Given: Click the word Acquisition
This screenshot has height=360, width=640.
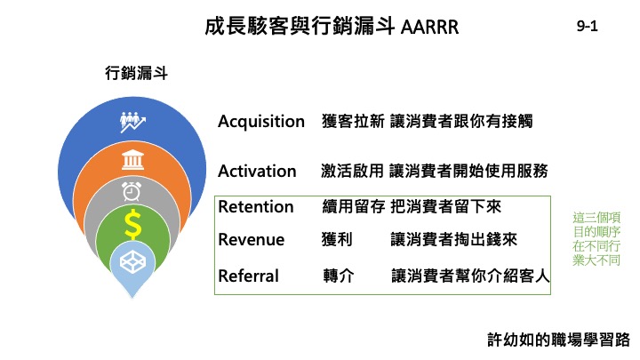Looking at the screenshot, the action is [261, 122].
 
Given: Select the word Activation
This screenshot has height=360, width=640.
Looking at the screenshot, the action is [257, 171].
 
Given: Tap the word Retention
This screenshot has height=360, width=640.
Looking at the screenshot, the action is [256, 206].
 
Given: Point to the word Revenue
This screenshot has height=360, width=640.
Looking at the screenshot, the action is [252, 240].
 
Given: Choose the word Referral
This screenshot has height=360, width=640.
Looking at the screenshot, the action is [249, 276].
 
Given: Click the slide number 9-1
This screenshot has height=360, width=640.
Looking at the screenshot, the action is [587, 26].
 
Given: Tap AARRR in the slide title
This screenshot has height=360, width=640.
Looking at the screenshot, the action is [430, 28].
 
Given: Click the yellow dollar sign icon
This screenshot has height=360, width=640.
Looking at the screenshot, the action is [132, 224].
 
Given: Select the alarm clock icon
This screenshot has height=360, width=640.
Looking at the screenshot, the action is [132, 191].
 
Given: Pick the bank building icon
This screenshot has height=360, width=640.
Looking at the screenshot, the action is [132, 160].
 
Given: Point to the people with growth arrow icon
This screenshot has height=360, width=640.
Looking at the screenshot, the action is [132, 122].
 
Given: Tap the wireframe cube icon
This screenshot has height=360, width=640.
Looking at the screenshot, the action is [132, 261].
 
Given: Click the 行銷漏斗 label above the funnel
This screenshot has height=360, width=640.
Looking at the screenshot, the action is [136, 74].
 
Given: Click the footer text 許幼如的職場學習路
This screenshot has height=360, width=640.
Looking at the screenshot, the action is [559, 340].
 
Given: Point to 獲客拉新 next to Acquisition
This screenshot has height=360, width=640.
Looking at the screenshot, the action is [353, 121].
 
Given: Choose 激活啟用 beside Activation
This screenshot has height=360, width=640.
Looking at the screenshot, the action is [352, 171].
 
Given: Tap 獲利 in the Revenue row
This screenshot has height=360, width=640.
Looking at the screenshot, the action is [337, 240].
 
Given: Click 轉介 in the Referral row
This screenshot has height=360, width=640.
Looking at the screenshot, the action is [339, 276].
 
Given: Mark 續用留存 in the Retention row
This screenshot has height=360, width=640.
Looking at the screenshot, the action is [354, 206].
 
